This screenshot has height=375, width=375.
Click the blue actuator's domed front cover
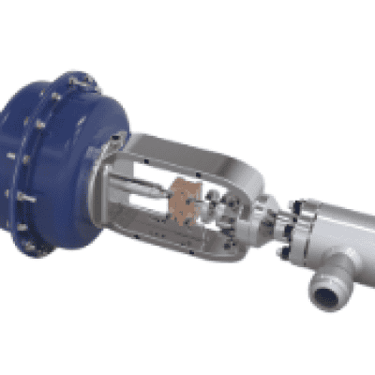click(89, 159)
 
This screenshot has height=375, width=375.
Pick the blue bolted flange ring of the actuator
click(28, 169)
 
